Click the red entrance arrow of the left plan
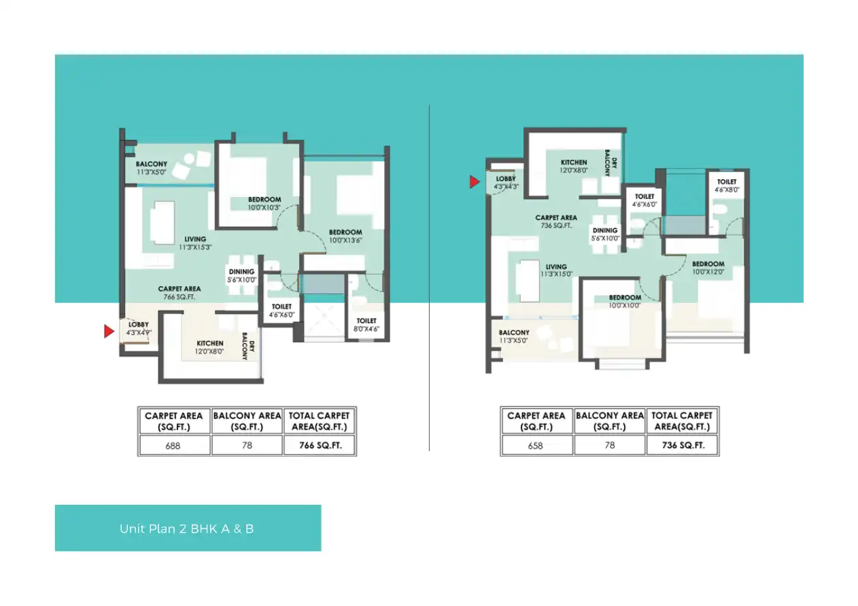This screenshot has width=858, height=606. point(108,332)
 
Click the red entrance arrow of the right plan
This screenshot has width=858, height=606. point(475,181)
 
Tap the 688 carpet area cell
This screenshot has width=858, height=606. point(173,446)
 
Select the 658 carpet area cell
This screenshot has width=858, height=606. point(536,446)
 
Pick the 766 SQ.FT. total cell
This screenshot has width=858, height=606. point(320,446)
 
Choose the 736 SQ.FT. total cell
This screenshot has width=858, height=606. point(682,446)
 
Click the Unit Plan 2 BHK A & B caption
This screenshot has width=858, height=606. point(187,529)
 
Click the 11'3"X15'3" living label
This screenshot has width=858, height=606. point(195,243)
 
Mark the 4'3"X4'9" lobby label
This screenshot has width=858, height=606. point(139,329)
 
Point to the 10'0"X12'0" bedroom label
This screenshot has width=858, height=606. point(708,268)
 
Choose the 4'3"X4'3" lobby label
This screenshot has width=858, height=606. point(506,182)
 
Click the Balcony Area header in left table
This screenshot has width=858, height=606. point(247,421)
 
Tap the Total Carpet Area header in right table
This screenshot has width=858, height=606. point(682,421)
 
